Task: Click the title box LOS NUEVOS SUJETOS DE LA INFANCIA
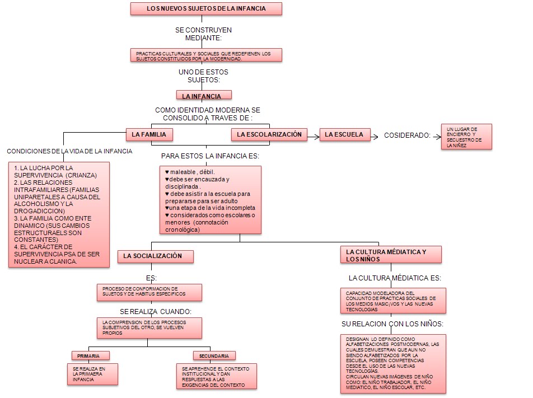[x=206, y=8]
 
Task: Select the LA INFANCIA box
[x=204, y=96]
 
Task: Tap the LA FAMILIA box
[x=149, y=134]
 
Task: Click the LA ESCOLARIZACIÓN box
[x=269, y=134]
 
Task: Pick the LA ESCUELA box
[x=345, y=134]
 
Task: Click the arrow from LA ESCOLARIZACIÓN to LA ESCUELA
[x=314, y=135]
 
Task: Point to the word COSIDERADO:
[x=407, y=135]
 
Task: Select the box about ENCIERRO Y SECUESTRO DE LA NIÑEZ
[x=466, y=137]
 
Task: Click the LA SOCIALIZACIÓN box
[x=156, y=256]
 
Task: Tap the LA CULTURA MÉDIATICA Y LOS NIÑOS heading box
[x=390, y=255]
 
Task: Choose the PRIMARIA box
[x=90, y=355]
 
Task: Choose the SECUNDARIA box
[x=214, y=355]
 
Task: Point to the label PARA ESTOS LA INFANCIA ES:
[x=211, y=156]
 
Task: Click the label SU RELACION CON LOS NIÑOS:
[x=392, y=324]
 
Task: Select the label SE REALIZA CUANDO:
[x=156, y=311]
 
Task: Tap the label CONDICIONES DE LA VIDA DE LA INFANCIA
[x=69, y=151]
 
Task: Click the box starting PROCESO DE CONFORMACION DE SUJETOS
[x=149, y=292]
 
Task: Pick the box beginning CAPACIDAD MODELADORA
[x=393, y=301]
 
